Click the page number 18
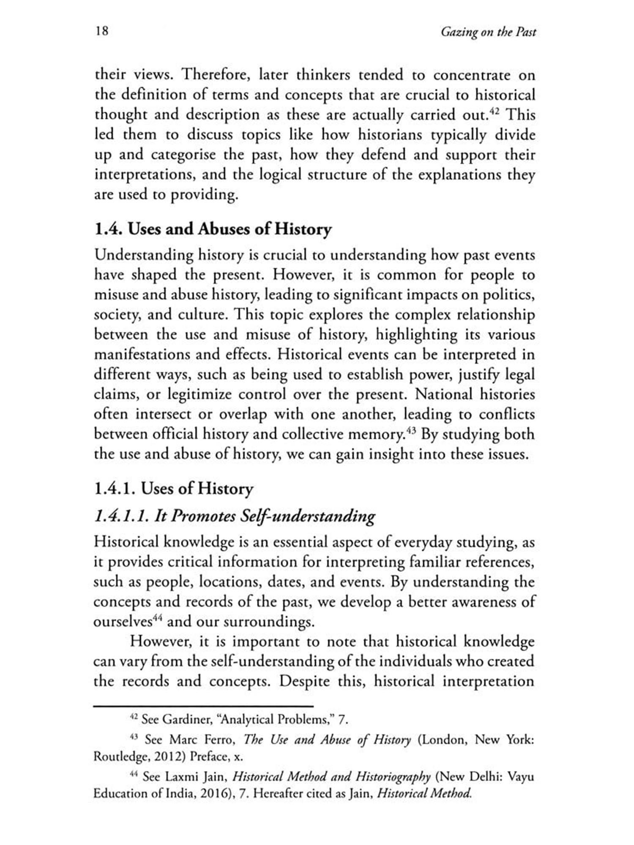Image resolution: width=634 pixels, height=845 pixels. pos(102,31)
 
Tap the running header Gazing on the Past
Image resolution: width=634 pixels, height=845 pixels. pos(488,32)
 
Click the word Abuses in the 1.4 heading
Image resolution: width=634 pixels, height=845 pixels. pos(224,229)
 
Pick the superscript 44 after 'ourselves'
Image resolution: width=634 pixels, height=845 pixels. pos(158,618)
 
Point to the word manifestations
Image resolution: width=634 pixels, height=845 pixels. pos(141,354)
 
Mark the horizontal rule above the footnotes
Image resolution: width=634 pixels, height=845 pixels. pos(203,706)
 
